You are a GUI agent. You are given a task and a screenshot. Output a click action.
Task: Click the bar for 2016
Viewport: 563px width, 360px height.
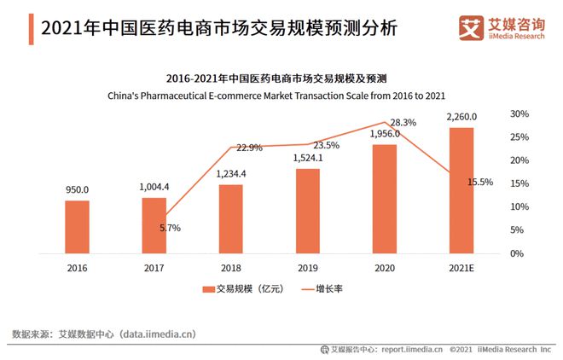click(77, 227)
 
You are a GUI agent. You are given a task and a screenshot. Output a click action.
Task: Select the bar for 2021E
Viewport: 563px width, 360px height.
click(461, 190)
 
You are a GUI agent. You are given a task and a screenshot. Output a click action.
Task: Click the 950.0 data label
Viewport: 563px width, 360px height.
click(77, 190)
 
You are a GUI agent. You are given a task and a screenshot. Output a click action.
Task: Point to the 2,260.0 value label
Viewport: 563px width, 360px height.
click(461, 117)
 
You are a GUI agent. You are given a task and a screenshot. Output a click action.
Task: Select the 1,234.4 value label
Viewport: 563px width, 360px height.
click(230, 174)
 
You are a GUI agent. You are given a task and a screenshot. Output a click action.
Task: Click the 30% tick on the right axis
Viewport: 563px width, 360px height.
click(519, 114)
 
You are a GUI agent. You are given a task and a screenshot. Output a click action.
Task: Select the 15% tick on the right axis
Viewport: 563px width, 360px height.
click(519, 183)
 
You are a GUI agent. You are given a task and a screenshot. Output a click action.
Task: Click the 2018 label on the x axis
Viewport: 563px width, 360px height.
click(230, 267)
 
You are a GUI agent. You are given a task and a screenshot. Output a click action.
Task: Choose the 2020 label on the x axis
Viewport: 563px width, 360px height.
click(384, 267)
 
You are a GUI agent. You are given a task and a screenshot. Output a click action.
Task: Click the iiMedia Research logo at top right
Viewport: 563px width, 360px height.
click(503, 27)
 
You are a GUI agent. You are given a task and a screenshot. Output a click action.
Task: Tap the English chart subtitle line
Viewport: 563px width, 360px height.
click(281, 96)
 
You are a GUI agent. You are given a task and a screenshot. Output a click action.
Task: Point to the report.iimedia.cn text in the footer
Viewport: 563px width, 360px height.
click(412, 349)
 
